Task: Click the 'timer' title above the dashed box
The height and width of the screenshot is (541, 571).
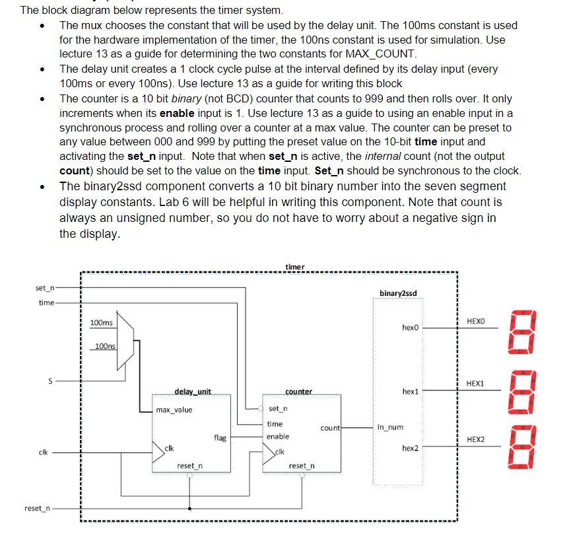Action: pos(294,267)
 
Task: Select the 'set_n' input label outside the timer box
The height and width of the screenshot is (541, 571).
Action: pos(45,288)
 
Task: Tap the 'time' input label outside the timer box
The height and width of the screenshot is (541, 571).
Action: pos(46,303)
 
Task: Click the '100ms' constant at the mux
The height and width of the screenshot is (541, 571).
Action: pos(101,322)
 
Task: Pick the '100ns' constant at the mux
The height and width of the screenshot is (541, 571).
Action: pos(104,346)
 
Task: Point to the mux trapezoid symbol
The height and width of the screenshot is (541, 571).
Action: pos(125,341)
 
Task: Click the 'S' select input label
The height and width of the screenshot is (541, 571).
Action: pos(49,381)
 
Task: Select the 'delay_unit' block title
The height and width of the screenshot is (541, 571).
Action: pos(192,392)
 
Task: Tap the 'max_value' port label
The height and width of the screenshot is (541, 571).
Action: pos(174,410)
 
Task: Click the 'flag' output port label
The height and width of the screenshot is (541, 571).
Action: pos(220,437)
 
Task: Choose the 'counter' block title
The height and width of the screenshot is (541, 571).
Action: pos(298,392)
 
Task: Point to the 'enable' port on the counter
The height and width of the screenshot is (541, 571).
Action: pos(277,437)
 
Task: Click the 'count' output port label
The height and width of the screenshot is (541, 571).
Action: pos(329,428)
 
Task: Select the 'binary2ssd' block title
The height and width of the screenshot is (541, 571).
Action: pos(398,293)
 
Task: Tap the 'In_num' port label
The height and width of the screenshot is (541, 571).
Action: pos(389,427)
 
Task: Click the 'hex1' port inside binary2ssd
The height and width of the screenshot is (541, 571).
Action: pos(410,392)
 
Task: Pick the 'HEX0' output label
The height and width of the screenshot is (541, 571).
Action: pos(475,321)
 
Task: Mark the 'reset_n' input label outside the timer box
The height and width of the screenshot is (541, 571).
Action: pos(36,508)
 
